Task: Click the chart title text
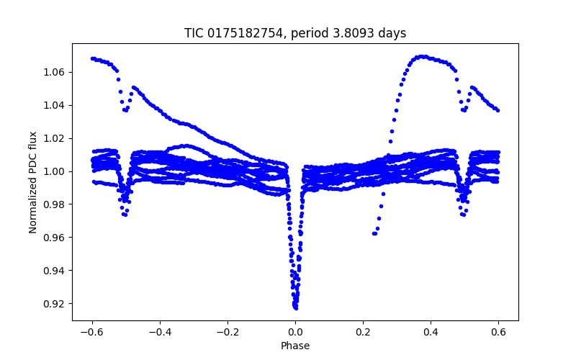tap(295, 33)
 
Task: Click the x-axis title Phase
tap(295, 346)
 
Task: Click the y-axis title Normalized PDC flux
tap(33, 181)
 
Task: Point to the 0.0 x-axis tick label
tap(295, 332)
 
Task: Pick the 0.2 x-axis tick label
tap(363, 332)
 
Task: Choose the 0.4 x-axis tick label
tap(431, 332)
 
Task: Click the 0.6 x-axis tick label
tap(498, 332)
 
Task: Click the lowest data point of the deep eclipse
tap(296, 307)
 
